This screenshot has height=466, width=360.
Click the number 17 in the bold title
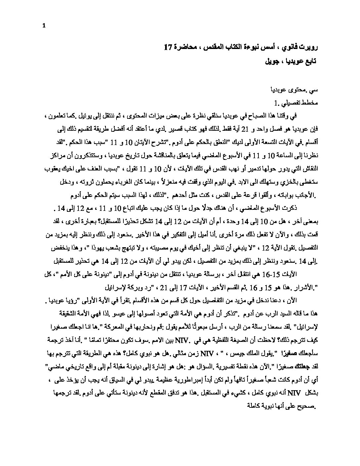pyautogui.click(x=168, y=47)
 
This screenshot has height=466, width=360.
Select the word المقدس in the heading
pyautogui.click(x=214, y=47)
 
